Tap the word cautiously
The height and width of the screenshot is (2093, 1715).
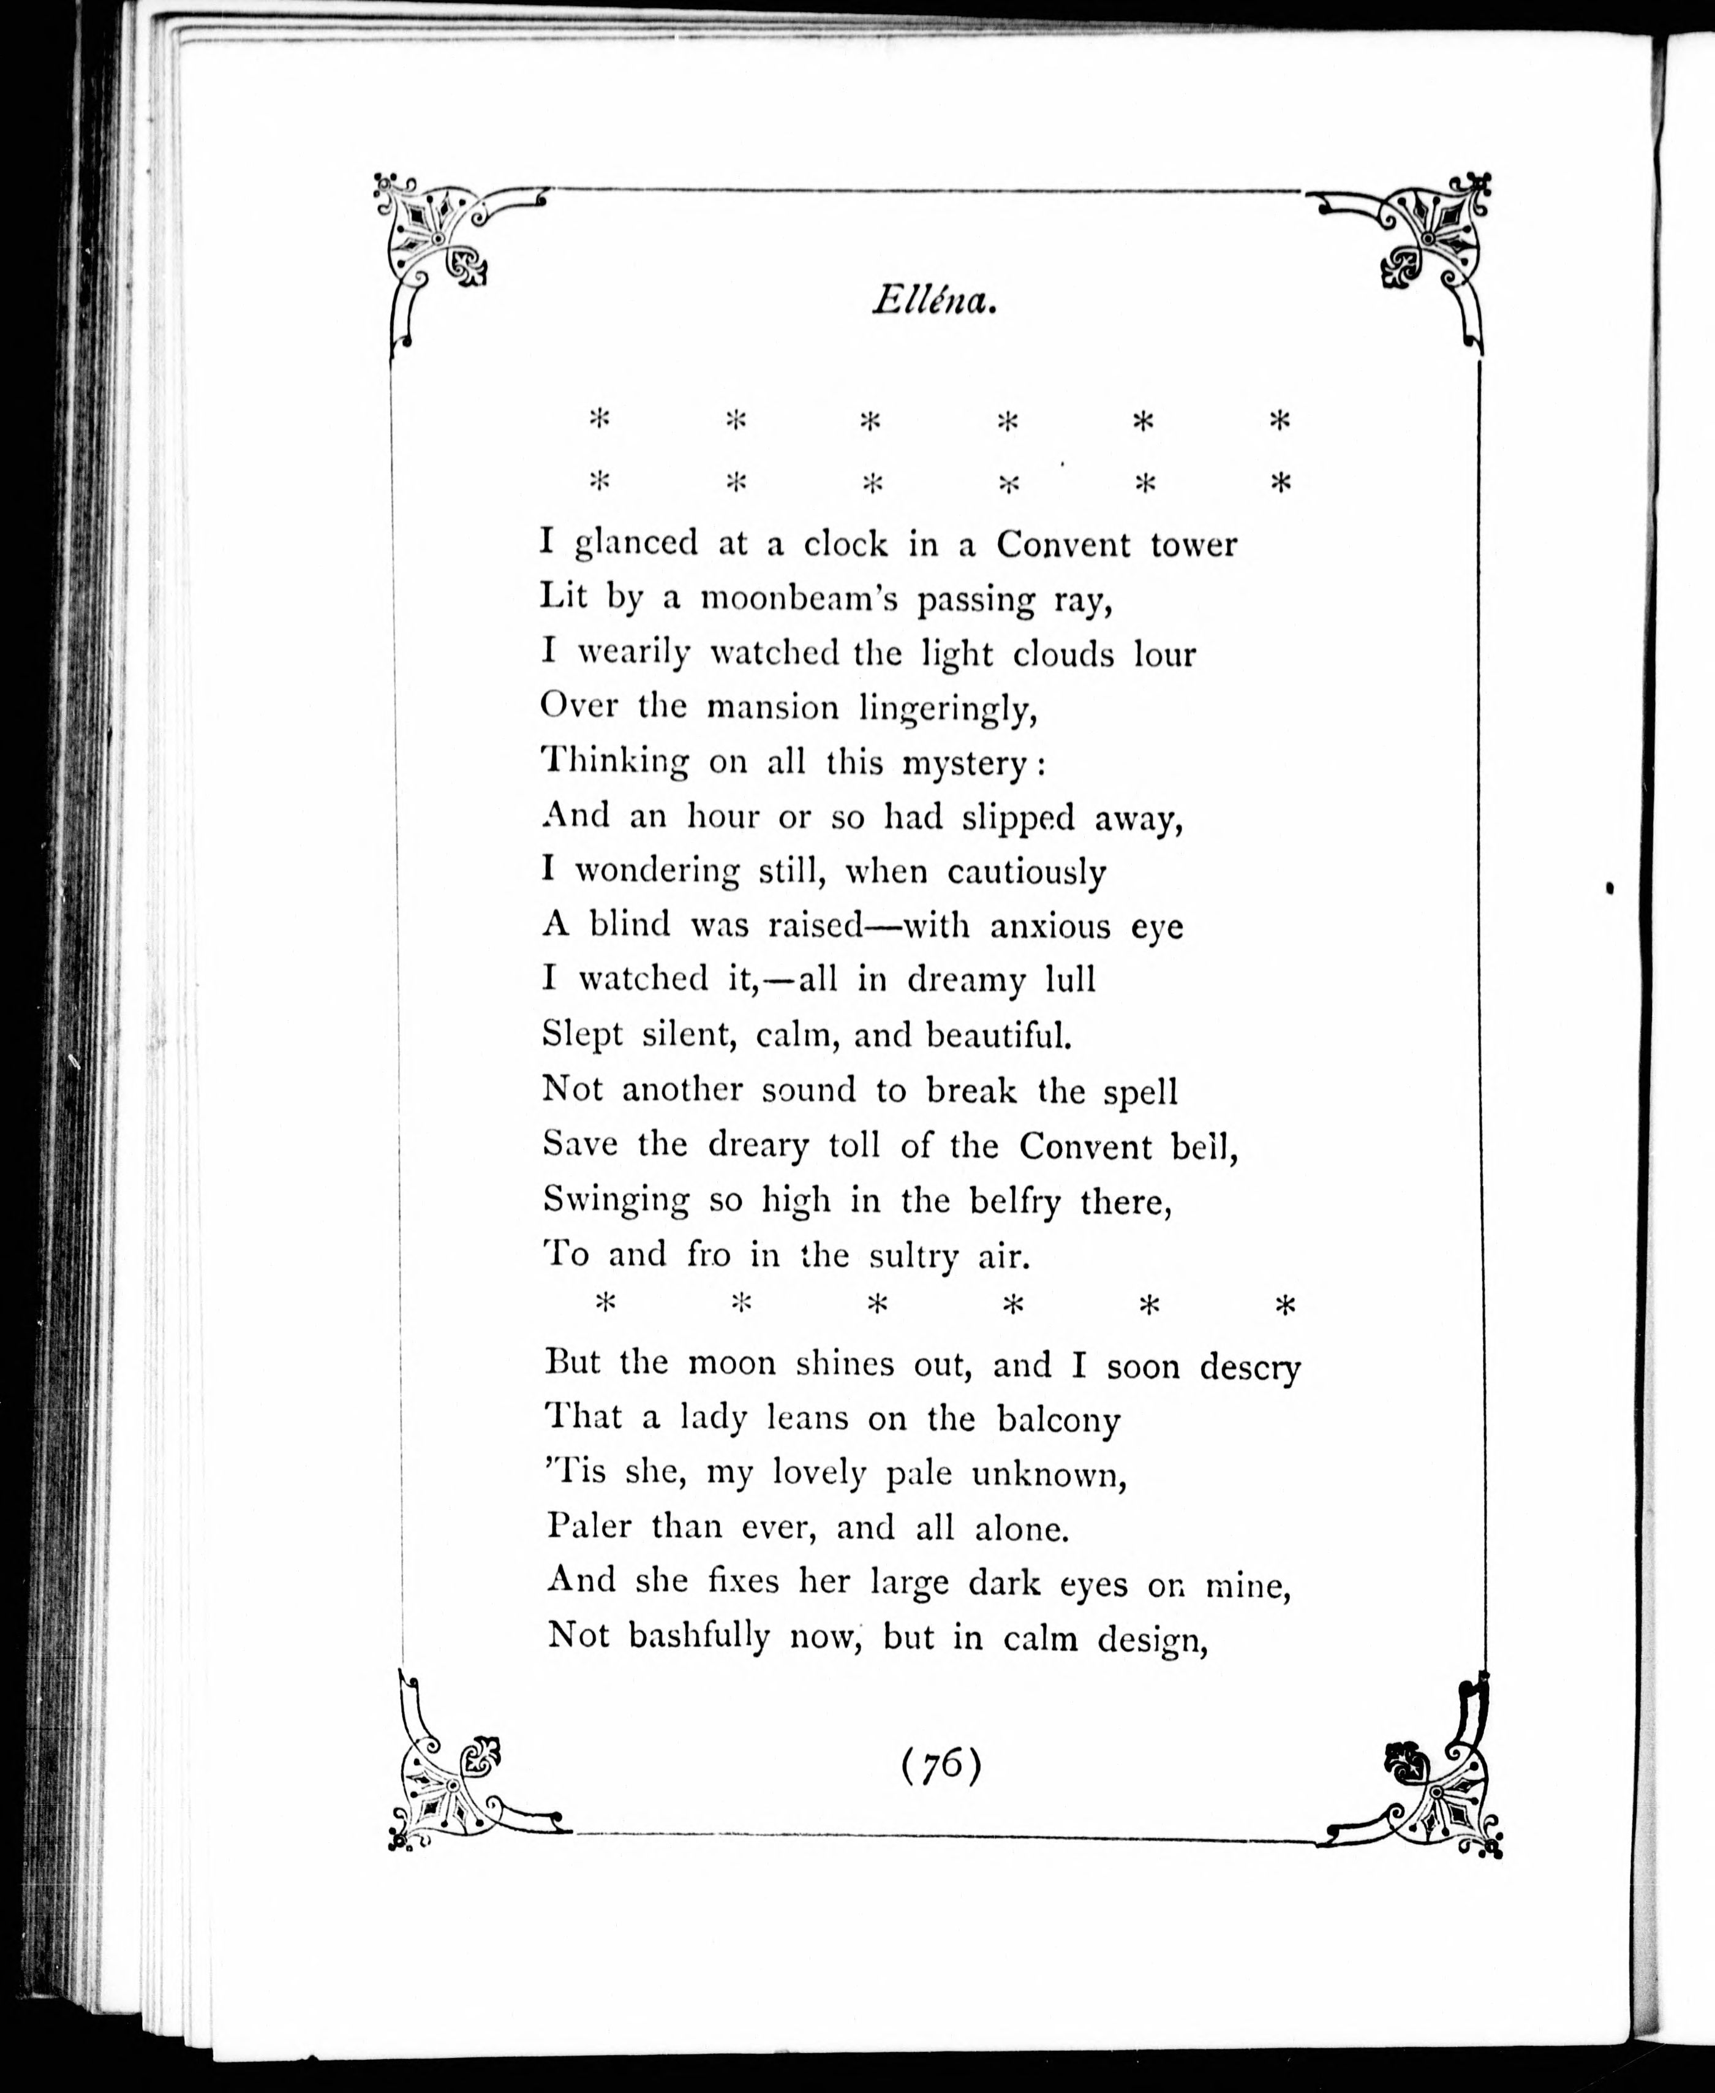click(x=1027, y=872)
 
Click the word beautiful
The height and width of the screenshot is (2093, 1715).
click(x=998, y=1035)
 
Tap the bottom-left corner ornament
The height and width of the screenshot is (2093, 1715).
click(x=450, y=1784)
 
